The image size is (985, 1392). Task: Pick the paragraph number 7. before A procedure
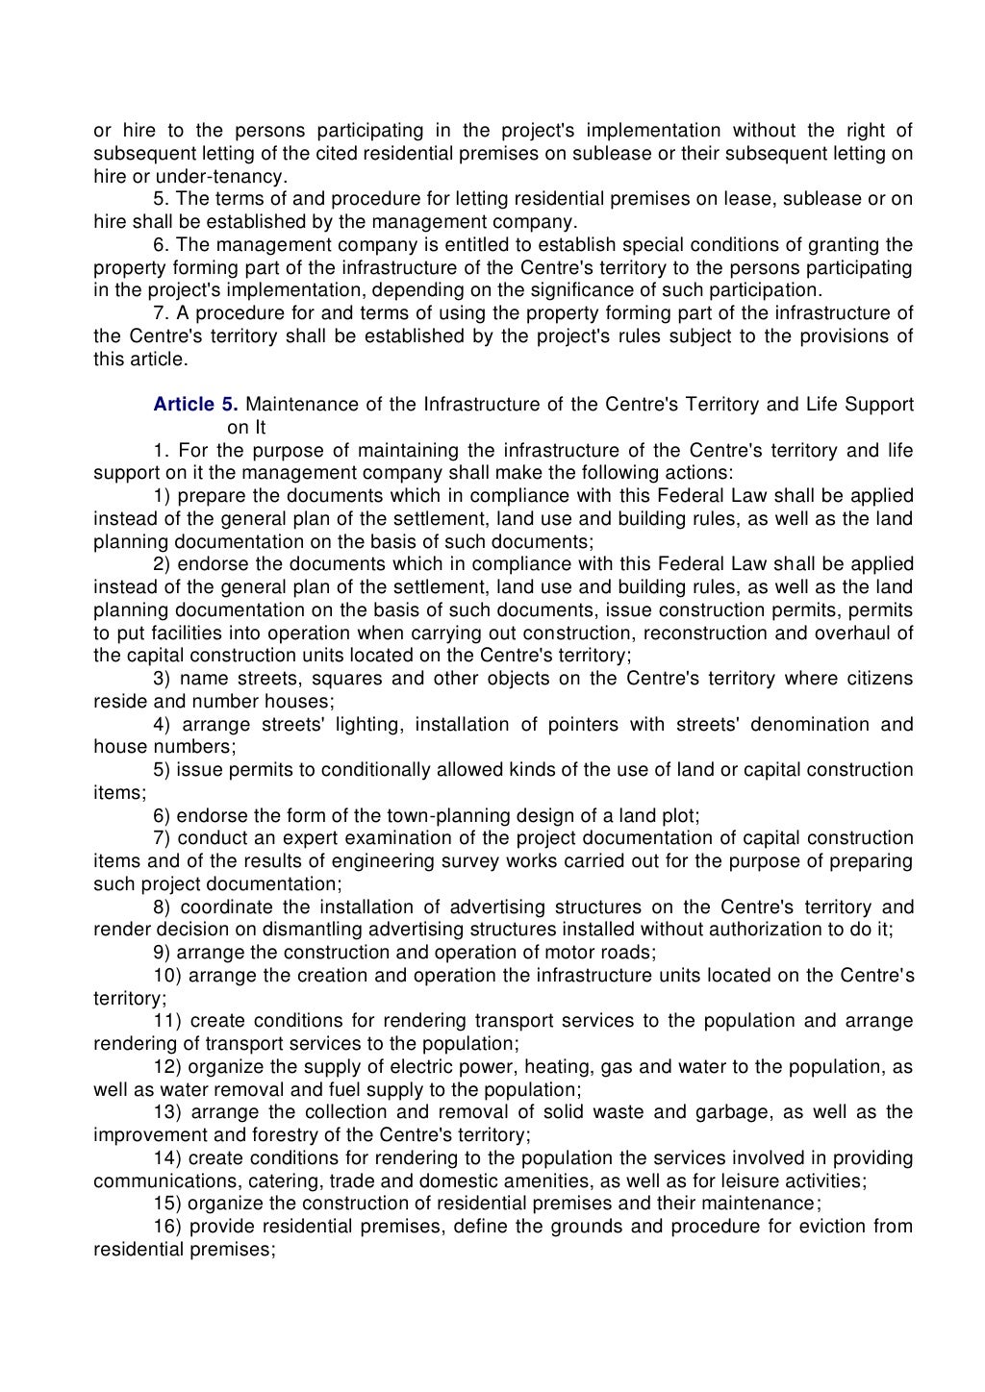coord(161,313)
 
